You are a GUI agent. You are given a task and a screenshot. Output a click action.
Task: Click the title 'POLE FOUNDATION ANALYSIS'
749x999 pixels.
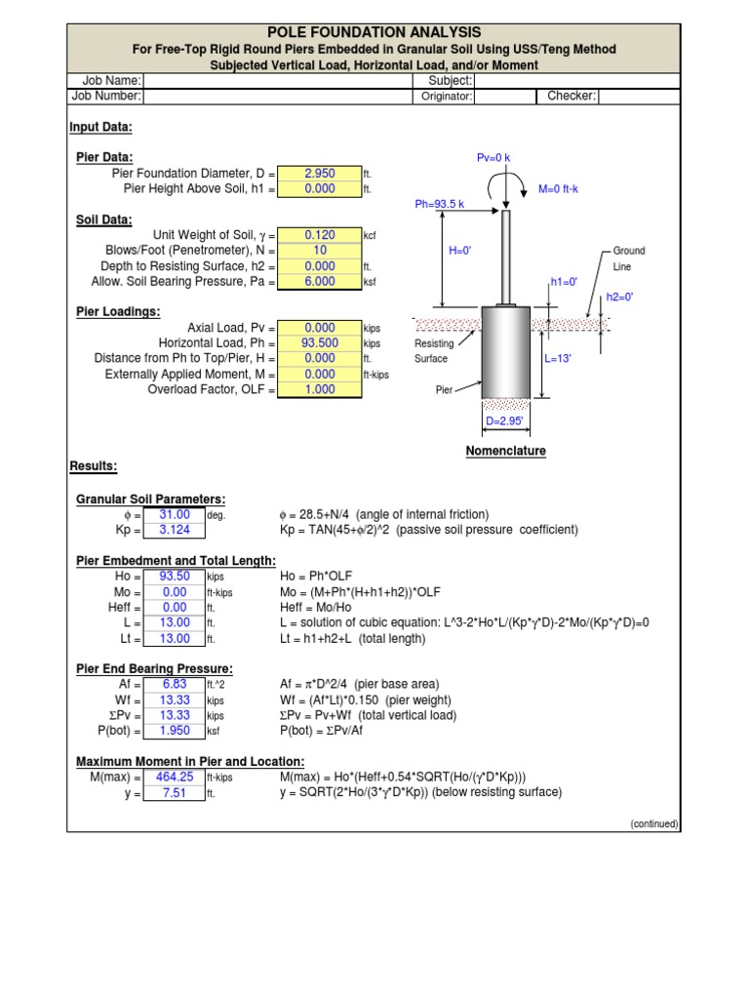tap(374, 33)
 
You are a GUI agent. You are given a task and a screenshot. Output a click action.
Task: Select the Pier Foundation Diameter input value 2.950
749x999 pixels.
tap(319, 174)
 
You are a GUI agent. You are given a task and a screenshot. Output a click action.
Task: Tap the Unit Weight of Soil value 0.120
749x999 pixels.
tap(319, 235)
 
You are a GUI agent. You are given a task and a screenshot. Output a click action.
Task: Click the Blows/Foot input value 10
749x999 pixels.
tap(319, 251)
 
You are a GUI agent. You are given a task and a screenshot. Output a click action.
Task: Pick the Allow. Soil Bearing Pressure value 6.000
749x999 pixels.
tap(319, 282)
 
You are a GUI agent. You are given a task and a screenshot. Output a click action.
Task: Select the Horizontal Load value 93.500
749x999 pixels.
tap(319, 343)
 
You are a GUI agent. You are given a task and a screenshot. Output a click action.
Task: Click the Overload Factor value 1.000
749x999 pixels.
tap(319, 389)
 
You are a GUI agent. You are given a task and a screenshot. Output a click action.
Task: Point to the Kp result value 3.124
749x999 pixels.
tap(175, 531)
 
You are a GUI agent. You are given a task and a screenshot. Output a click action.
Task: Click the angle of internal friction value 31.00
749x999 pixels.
tap(175, 515)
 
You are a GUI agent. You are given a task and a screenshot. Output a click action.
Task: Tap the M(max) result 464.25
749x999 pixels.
tap(175, 778)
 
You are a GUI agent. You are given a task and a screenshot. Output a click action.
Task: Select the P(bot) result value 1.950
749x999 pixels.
tap(175, 731)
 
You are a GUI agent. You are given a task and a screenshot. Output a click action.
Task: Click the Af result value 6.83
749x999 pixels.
tap(175, 684)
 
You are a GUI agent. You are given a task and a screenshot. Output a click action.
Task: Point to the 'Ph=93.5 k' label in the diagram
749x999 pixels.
tap(439, 205)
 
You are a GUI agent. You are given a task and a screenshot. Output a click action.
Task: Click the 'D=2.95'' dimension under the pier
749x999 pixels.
tap(505, 421)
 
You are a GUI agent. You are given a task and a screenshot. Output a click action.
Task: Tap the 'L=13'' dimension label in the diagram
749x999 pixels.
tap(557, 359)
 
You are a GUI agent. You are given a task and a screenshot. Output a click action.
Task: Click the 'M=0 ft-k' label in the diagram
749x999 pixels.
tap(558, 189)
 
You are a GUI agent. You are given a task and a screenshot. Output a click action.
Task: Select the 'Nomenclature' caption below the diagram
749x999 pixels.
tap(505, 451)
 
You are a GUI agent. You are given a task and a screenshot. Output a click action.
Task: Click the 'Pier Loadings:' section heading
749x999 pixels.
tap(118, 312)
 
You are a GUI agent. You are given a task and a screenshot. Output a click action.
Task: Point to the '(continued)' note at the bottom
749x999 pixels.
tap(653, 824)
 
